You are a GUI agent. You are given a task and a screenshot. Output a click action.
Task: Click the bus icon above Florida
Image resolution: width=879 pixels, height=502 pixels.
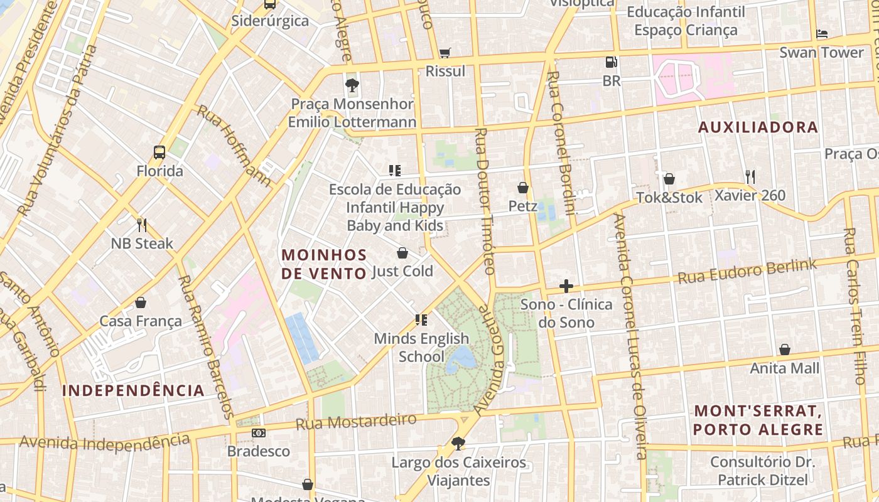pos(159,152)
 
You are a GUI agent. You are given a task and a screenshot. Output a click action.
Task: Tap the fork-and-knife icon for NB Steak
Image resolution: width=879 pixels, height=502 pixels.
pos(142,225)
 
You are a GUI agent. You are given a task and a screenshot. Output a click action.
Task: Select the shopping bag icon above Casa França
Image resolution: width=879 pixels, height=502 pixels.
pos(141,302)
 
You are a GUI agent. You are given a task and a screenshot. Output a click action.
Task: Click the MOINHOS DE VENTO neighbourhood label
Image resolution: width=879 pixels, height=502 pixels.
pos(324,264)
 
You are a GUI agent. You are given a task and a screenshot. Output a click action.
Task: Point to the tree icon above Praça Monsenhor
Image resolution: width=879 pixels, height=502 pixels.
pos(352,85)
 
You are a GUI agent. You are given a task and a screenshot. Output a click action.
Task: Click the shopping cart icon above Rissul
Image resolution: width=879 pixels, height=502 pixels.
pos(445,53)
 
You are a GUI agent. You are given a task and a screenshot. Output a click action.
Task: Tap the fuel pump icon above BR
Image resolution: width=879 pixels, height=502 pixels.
pos(611,61)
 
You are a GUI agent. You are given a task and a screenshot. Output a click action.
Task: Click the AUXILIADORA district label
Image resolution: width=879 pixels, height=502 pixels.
pos(758,127)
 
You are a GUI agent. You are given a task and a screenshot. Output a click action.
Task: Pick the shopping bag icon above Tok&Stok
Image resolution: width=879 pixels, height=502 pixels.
pos(669,179)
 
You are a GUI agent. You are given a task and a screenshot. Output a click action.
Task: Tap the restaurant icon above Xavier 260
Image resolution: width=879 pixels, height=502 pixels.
pos(750,176)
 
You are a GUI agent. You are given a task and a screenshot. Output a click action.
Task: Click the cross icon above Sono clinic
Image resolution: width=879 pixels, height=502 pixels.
pos(566,286)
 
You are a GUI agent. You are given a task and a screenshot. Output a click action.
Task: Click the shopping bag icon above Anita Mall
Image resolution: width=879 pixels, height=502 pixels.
pos(785,350)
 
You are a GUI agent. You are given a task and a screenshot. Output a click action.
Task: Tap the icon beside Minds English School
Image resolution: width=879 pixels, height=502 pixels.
pos(421,320)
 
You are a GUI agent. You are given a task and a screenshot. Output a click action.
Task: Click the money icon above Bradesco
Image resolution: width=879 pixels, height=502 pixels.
pos(259,433)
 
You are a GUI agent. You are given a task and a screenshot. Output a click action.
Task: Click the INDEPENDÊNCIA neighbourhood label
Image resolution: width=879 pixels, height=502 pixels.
pos(133,390)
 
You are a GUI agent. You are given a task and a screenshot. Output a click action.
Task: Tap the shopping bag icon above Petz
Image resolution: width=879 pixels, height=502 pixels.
pos(522,188)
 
